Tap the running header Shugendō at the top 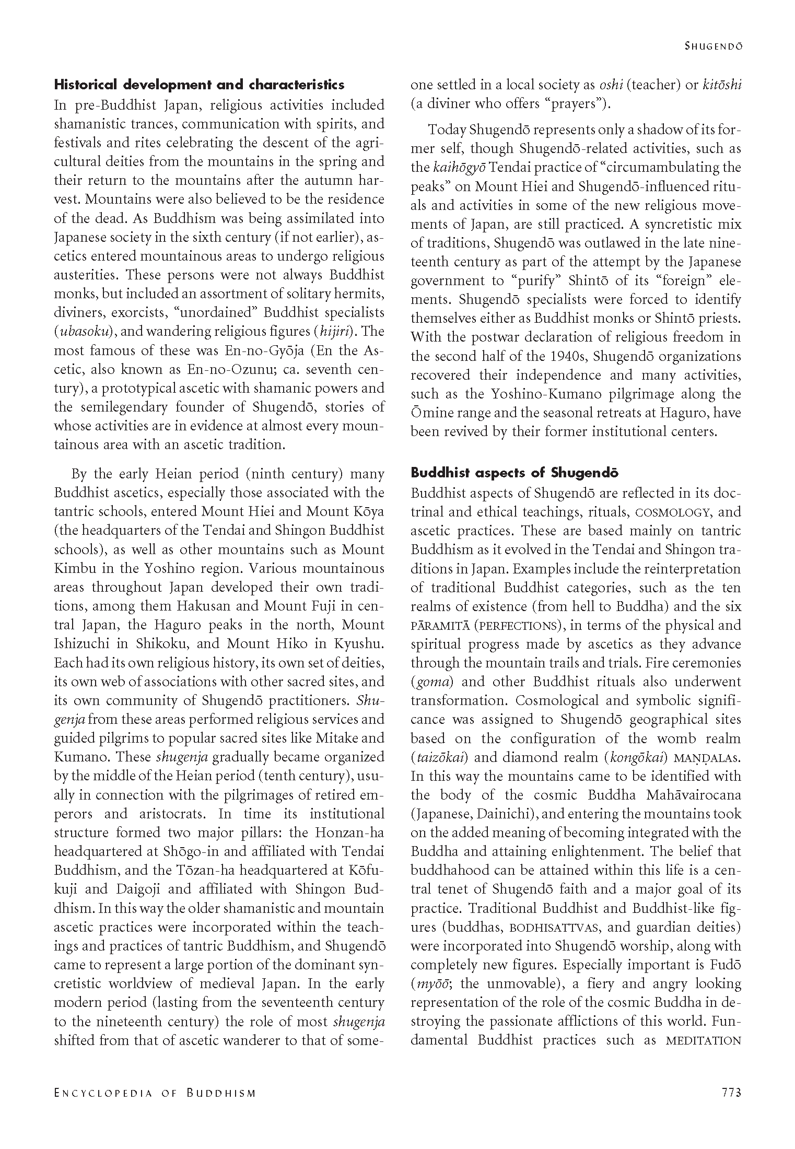point(714,46)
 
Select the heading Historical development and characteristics point(200,85)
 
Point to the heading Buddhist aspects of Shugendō point(515,473)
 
